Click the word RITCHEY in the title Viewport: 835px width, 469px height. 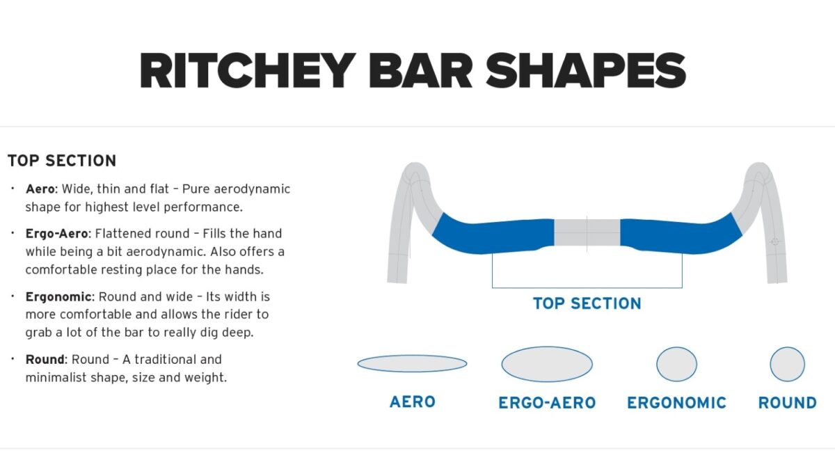pyautogui.click(x=248, y=70)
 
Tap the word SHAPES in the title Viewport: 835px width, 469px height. pyautogui.click(x=586, y=70)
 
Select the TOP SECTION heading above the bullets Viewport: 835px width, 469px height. pyautogui.click(x=62, y=161)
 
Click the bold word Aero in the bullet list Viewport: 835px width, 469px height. pyautogui.click(x=40, y=189)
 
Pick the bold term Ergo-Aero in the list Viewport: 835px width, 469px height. pyautogui.click(x=56, y=234)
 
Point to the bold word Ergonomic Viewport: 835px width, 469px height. pyautogui.click(x=58, y=296)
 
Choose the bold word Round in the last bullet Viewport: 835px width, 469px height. pyautogui.click(x=45, y=359)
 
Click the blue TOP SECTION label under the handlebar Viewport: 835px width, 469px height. pyautogui.click(x=587, y=303)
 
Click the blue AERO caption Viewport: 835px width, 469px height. pyautogui.click(x=412, y=402)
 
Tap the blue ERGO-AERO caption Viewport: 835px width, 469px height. pyautogui.click(x=547, y=403)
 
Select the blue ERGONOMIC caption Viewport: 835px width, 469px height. pyautogui.click(x=676, y=403)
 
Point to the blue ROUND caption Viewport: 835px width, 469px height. pyautogui.click(x=787, y=403)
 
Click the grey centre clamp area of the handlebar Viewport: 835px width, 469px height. pyautogui.click(x=587, y=232)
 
